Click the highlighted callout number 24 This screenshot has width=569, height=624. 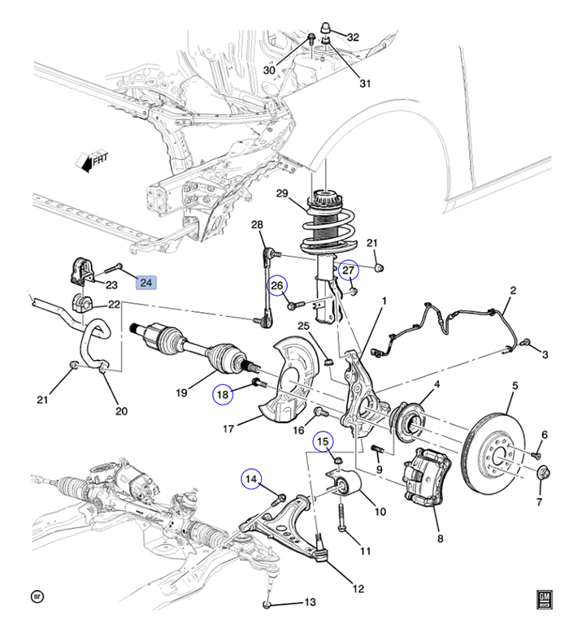pos(146,283)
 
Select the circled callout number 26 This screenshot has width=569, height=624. pos(277,285)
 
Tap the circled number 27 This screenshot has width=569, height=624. pos(349,271)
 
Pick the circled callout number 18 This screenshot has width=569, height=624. pos(223,394)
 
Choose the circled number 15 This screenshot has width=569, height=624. pos(323,441)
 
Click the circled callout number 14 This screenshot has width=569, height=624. pos(251,479)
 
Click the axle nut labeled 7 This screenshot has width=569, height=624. pos(544,473)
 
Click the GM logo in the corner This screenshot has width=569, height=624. pos(545,600)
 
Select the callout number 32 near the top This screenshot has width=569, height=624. pos(353,37)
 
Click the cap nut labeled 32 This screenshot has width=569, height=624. pos(326,28)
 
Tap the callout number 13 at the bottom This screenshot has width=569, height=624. pos(311,603)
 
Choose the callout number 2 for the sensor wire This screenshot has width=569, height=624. pos(513,291)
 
